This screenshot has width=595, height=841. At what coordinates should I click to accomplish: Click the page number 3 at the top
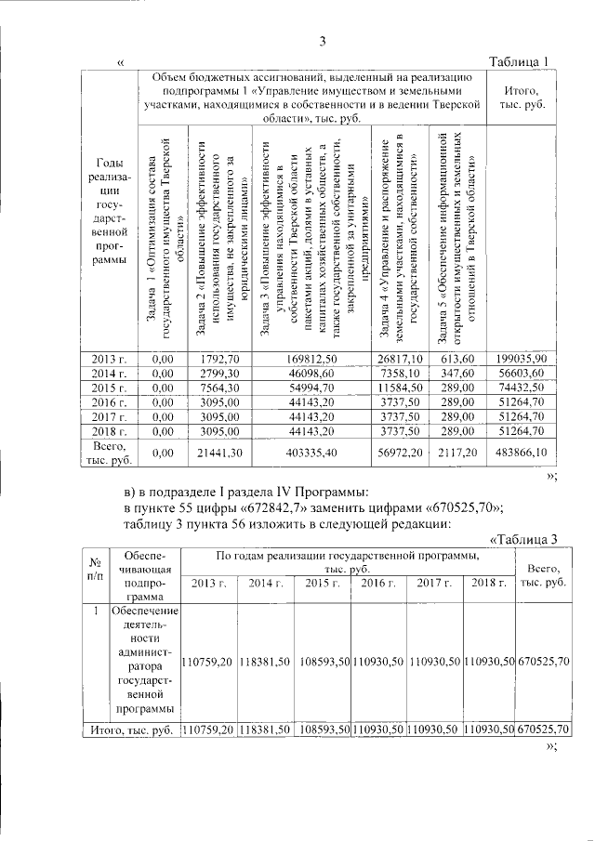tap(323, 41)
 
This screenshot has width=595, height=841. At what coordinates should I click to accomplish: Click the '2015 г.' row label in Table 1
tap(109, 414)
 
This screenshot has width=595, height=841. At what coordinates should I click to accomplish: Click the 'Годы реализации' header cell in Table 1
tap(109, 223)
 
